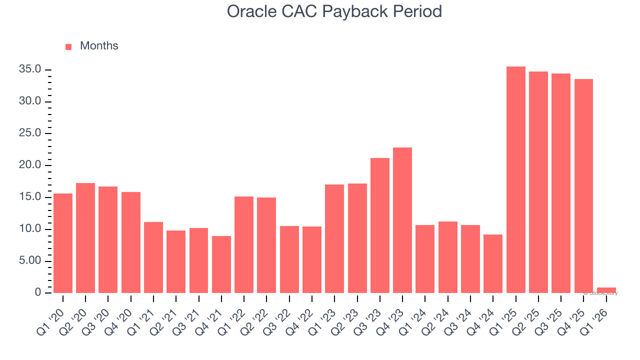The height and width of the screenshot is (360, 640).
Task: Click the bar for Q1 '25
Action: (515, 180)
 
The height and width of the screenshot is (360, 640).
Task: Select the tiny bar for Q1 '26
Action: (606, 290)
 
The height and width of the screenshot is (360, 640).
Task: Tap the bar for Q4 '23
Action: (402, 220)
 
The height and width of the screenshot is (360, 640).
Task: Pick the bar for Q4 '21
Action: (221, 264)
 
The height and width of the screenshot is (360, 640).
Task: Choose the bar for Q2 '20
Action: (85, 238)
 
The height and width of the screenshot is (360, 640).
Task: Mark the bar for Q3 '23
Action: (380, 225)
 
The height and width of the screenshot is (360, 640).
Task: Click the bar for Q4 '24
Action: (493, 263)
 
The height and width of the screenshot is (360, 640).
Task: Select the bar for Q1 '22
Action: (244, 244)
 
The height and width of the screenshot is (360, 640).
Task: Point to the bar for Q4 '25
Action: (583, 186)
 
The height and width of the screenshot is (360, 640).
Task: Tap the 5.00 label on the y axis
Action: (30, 261)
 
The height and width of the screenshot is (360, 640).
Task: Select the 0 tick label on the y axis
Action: (38, 293)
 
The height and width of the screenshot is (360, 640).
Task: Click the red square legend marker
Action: (68, 46)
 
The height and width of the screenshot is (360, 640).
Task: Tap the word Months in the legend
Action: (99, 46)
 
